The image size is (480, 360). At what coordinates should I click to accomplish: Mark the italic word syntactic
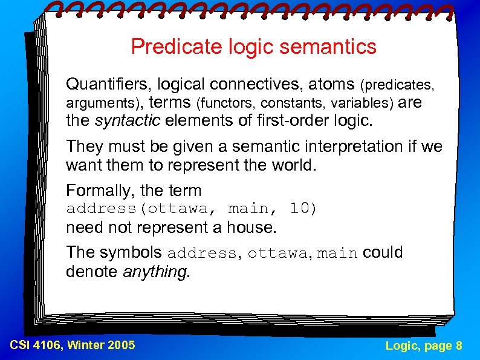pyautogui.click(x=128, y=121)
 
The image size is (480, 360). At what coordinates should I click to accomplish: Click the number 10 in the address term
pyautogui.click(x=300, y=209)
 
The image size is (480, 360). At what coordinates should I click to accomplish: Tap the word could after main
pyautogui.click(x=383, y=252)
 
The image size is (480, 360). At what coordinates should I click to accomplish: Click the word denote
pyautogui.click(x=92, y=272)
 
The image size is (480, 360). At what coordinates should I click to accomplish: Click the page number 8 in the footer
pyautogui.click(x=459, y=345)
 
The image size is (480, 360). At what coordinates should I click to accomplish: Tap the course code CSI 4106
pyautogui.click(x=37, y=345)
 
